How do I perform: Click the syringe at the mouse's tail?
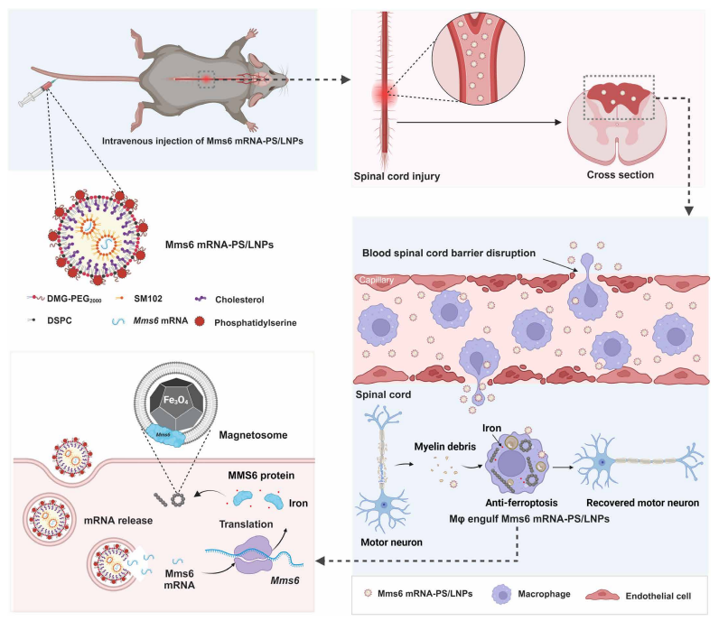[x=38, y=93]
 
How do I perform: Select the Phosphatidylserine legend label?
[x=256, y=322]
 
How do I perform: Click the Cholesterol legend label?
[x=239, y=300]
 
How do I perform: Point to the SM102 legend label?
[x=148, y=299]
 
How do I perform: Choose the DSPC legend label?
[x=60, y=320]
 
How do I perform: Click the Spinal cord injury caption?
[x=397, y=176]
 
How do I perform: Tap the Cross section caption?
[x=621, y=174]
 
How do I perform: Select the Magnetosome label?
[x=253, y=435]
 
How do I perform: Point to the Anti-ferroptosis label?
[x=521, y=503]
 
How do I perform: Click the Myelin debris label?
[x=444, y=447]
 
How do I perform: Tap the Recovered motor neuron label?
[x=642, y=503]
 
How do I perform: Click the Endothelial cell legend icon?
[x=602, y=596]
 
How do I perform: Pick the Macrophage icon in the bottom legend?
[x=501, y=595]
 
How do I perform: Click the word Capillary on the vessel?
[x=377, y=280]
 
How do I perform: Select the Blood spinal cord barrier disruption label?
[x=448, y=253]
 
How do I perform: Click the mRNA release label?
[x=118, y=521]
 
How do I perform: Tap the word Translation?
[x=246, y=524]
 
